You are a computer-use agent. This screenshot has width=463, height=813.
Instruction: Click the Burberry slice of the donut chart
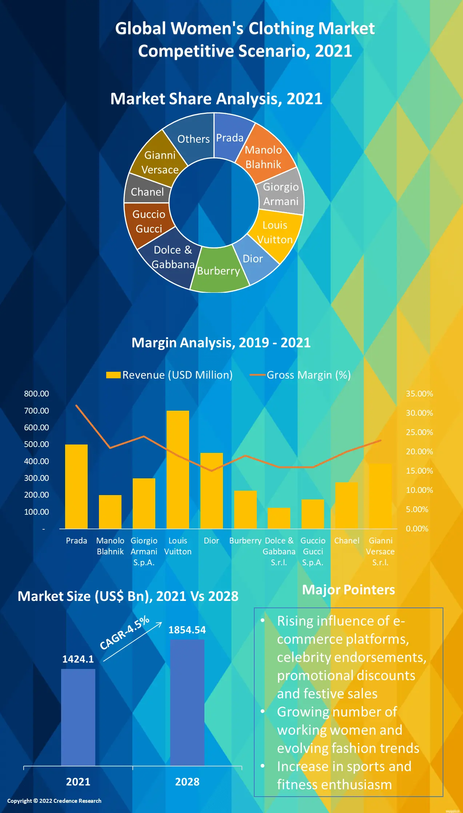pyautogui.click(x=219, y=271)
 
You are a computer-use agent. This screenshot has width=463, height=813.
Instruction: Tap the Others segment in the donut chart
pyautogui.click(x=193, y=138)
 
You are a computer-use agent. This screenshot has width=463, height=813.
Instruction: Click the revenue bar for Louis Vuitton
pyautogui.click(x=178, y=469)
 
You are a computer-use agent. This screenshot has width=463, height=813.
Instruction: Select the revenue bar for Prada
pyautogui.click(x=76, y=486)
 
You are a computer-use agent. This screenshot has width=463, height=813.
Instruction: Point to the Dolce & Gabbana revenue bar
pyautogui.click(x=279, y=518)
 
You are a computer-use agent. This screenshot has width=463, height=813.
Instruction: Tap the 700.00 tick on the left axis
pyautogui.click(x=36, y=411)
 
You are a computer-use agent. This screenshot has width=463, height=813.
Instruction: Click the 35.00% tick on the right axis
pyautogui.click(x=419, y=394)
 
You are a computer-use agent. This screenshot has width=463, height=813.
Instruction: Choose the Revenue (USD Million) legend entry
pyautogui.click(x=169, y=375)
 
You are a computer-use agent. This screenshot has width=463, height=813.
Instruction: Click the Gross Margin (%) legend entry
pyautogui.click(x=300, y=375)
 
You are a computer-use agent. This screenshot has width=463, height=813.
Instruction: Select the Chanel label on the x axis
pyautogui.click(x=347, y=541)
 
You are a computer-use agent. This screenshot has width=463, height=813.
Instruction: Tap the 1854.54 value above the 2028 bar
pyautogui.click(x=187, y=630)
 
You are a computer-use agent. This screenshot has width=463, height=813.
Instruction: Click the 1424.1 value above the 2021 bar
pyautogui.click(x=78, y=659)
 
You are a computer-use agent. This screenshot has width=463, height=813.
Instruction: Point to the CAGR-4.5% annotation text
pyautogui.click(x=125, y=633)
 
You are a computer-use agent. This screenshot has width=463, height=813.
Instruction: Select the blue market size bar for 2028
pyautogui.click(x=187, y=702)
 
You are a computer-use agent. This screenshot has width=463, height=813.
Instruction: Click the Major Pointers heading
pyautogui.click(x=348, y=590)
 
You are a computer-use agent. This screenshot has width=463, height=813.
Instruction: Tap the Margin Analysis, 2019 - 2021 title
pyautogui.click(x=221, y=343)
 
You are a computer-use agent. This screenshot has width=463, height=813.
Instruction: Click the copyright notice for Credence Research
pyautogui.click(x=54, y=801)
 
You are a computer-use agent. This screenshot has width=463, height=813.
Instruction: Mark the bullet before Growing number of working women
pyautogui.click(x=262, y=712)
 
